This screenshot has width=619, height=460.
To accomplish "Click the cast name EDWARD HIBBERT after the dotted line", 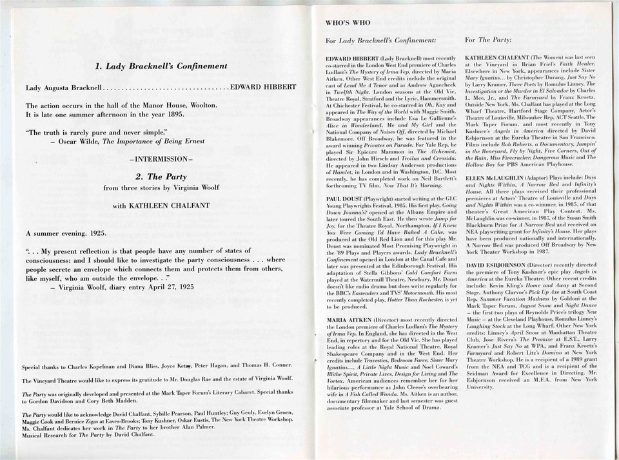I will (x=263, y=87).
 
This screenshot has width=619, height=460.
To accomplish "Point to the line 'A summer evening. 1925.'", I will (x=66, y=233).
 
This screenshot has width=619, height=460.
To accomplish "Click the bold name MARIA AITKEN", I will (x=348, y=320).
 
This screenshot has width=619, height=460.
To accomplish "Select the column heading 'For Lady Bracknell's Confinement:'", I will (x=381, y=40).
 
